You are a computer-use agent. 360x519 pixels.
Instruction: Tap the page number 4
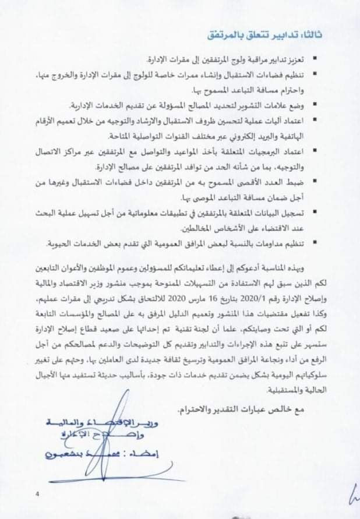(x=37, y=495)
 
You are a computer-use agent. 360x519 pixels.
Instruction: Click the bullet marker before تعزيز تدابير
(x=315, y=59)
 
